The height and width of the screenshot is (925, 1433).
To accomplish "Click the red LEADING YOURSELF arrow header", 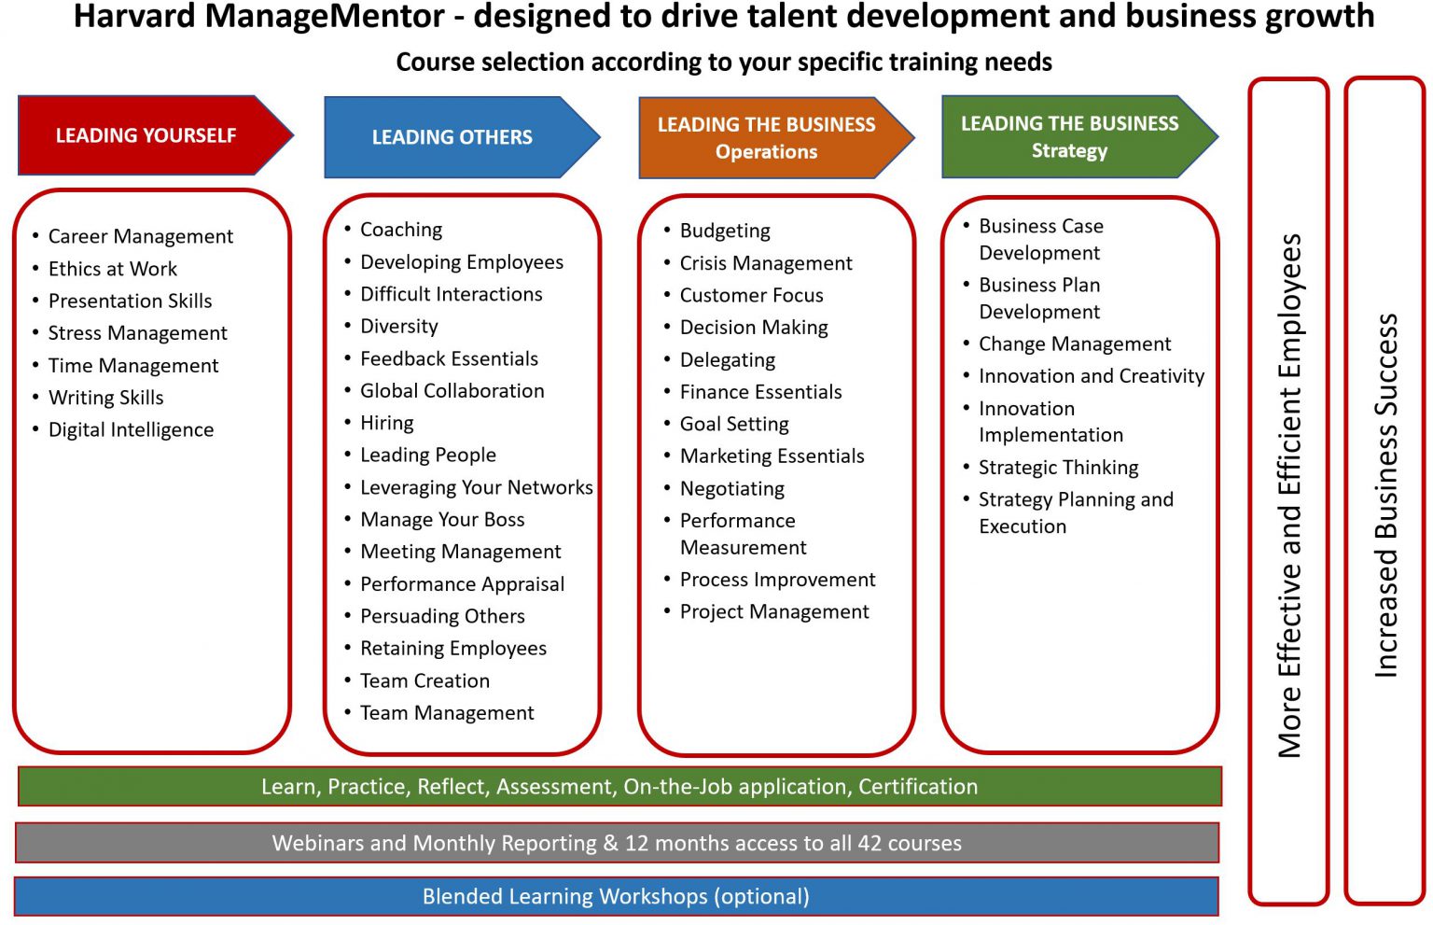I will (146, 136).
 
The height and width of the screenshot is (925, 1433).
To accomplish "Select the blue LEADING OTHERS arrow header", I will (452, 138).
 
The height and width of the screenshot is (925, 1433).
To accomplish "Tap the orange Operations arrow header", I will (766, 138).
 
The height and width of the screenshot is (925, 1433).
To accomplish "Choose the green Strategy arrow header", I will (1069, 137).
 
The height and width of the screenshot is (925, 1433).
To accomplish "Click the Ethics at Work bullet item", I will (113, 270).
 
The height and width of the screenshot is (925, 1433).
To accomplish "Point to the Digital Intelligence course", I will (131, 430).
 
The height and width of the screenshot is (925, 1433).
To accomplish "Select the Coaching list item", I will (401, 230).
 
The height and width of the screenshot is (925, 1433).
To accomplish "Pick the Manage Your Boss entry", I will (442, 520).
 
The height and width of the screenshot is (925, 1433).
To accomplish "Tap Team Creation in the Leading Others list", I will (424, 681).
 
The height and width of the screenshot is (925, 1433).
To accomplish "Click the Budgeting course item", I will (725, 231).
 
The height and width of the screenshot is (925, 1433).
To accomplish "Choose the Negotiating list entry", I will (732, 489).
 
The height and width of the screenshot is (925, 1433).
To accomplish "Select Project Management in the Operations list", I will (774, 612).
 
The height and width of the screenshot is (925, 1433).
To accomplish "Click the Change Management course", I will (1075, 344).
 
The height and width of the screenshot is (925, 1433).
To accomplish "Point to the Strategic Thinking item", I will (1059, 468).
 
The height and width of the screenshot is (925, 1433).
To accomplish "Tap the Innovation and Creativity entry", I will (1092, 376).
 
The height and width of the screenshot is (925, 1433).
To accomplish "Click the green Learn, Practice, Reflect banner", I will (619, 787).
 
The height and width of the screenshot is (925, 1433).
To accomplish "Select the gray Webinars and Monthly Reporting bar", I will (617, 844).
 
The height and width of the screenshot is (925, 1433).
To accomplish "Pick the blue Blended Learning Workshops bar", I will (616, 897).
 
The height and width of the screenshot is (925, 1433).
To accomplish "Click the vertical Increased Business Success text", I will (1386, 495).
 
